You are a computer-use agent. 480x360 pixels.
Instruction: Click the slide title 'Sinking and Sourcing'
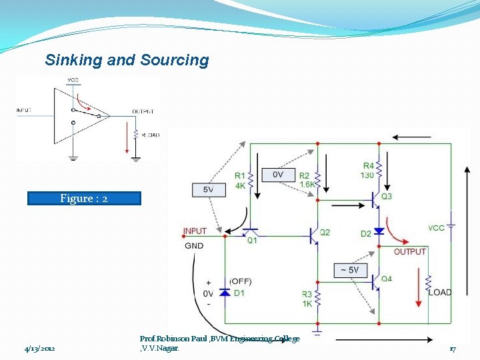127,60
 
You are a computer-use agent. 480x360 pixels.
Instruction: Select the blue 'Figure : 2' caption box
84,198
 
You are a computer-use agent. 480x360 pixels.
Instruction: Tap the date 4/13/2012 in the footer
40,349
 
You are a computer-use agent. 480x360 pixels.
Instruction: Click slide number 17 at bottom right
452,349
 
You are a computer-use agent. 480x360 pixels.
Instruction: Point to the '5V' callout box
208,190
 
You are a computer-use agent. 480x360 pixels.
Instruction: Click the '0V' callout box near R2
279,174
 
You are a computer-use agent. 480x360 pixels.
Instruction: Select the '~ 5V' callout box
351,270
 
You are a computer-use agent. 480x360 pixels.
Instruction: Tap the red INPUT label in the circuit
195,231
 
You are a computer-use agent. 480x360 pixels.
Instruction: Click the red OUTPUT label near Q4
409,252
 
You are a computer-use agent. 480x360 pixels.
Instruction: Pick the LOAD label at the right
440,292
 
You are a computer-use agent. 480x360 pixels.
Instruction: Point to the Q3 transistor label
387,197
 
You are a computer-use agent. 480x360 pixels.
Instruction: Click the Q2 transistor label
325,233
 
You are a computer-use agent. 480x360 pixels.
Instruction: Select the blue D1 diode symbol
225,292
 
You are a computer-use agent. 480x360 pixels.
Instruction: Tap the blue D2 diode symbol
379,231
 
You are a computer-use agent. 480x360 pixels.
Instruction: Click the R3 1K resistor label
307,299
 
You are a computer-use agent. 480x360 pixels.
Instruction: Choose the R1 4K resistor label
240,181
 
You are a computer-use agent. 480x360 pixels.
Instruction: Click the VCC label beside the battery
436,228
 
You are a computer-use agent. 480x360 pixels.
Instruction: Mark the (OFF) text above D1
241,281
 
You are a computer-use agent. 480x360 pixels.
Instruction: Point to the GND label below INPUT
195,246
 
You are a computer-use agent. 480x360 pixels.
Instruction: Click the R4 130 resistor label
368,170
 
